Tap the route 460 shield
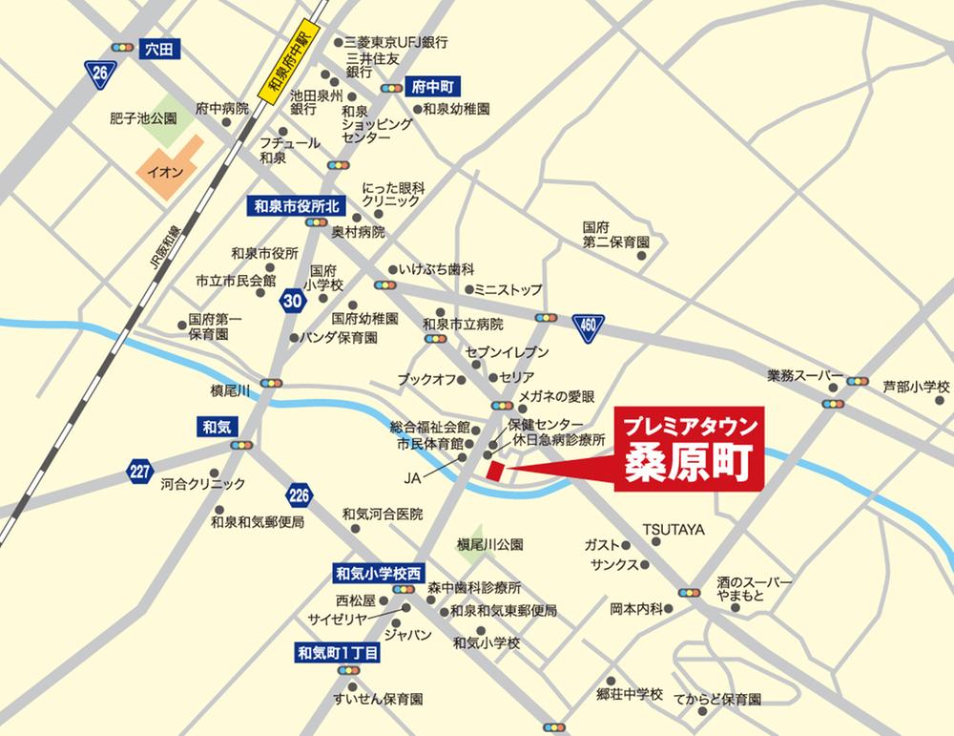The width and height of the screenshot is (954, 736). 589,327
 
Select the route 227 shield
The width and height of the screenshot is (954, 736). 140,470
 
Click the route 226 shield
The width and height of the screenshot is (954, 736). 298,494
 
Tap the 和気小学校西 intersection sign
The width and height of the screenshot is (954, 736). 378,574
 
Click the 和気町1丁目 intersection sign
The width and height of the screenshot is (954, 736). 338,653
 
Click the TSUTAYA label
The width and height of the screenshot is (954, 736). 673,528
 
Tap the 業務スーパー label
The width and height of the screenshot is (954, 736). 805,375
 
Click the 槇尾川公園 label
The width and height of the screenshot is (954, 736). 490,546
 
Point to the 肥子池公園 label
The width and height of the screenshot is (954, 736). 144,119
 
